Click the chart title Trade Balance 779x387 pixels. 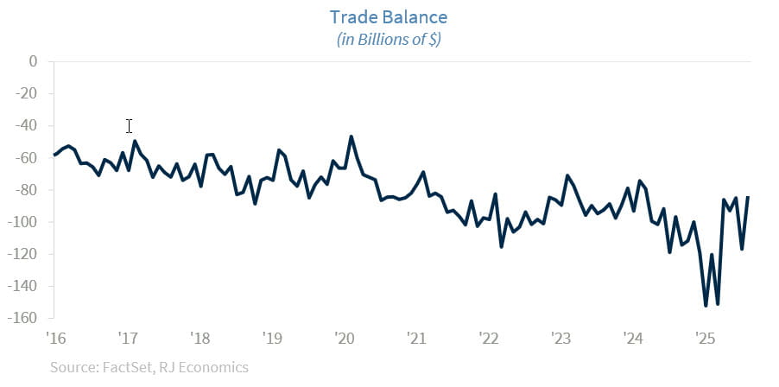[x=389, y=17]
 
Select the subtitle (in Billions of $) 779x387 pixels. [x=389, y=40]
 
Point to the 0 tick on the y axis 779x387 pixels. [x=34, y=61]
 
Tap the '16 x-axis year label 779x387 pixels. [x=56, y=337]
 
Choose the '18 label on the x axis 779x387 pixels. [x=199, y=337]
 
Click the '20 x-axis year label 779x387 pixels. [x=343, y=337]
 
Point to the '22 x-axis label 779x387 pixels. [x=487, y=337]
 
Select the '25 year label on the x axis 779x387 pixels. [x=702, y=337]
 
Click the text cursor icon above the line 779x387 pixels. [x=129, y=126]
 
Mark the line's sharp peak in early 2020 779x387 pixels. [x=351, y=136]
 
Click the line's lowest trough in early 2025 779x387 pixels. [x=706, y=306]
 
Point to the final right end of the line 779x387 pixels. [x=748, y=197]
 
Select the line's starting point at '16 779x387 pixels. [x=54, y=155]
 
